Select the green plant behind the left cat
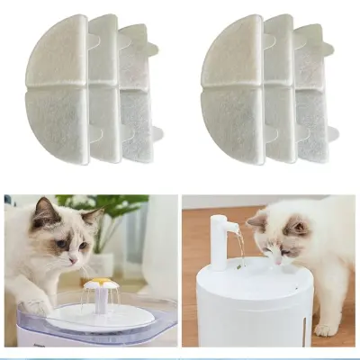(112, 211)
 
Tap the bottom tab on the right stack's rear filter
(332, 133)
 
